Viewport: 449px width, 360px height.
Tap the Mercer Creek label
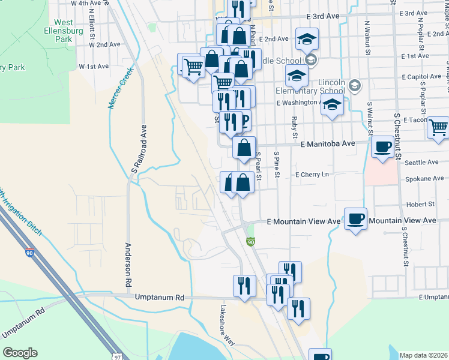click(x=120, y=87)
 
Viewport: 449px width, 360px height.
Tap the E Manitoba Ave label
click(x=328, y=144)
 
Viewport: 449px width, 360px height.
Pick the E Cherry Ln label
click(x=312, y=175)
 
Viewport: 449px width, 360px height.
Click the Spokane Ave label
click(x=424, y=179)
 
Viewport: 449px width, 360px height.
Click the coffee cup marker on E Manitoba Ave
click(x=382, y=146)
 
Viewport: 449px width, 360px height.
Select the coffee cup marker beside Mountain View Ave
click(x=355, y=218)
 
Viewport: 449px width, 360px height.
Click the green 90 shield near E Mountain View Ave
click(x=251, y=242)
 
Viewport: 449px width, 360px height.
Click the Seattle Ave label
click(x=422, y=162)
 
